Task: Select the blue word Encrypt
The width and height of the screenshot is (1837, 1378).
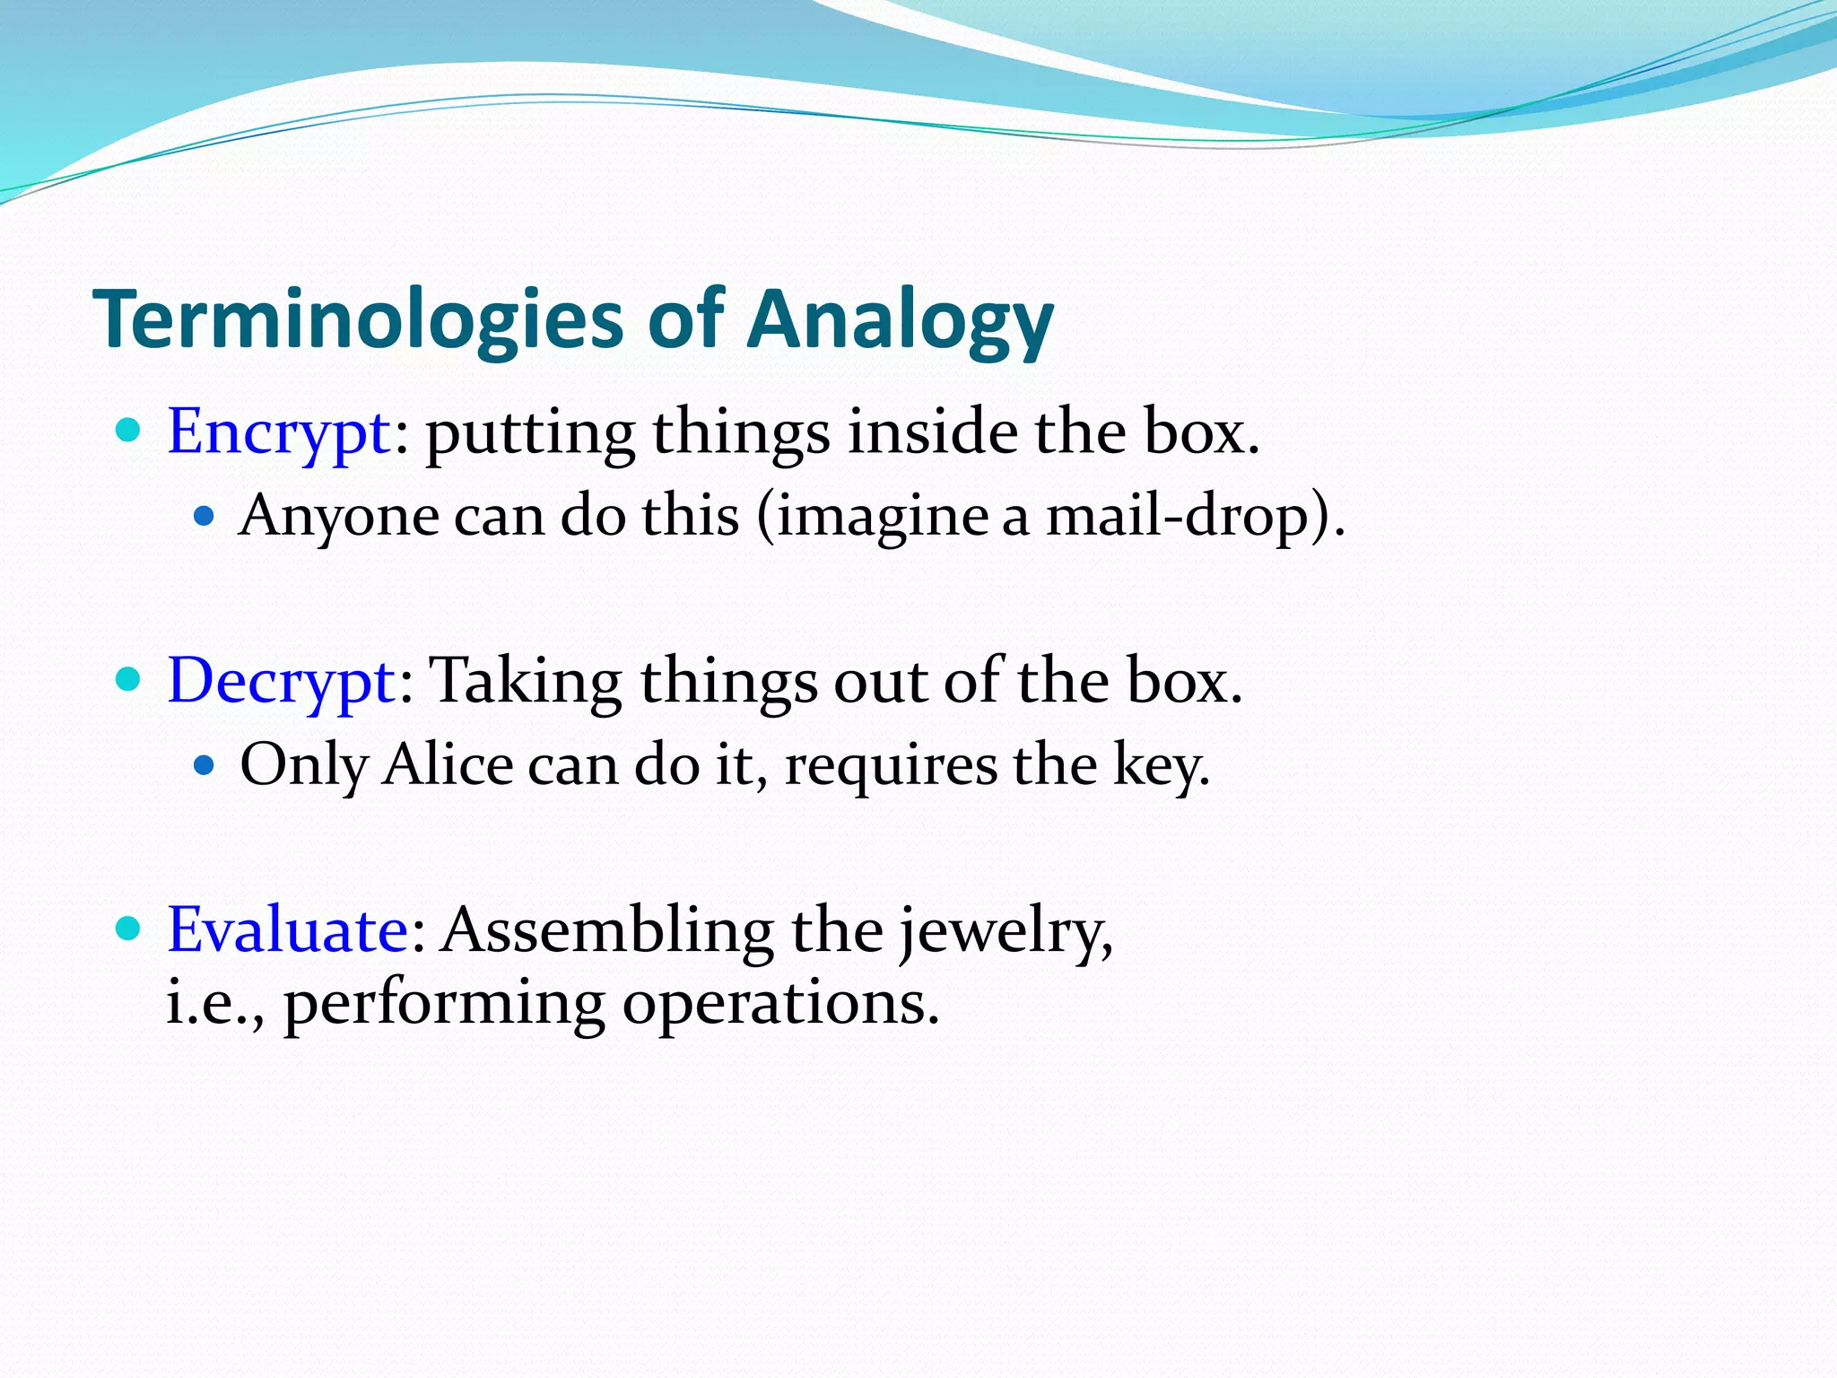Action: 278,432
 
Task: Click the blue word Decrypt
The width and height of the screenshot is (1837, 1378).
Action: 281,682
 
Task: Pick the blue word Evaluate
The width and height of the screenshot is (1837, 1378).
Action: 288,930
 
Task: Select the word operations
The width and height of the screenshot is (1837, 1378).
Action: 780,1003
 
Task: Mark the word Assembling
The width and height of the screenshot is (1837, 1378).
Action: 609,930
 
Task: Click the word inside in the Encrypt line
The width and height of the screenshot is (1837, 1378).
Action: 932,432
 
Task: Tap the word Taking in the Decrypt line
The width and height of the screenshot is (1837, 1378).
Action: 526,682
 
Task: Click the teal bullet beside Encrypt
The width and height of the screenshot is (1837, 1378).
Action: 129,431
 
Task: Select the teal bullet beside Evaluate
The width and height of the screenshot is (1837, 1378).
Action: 129,928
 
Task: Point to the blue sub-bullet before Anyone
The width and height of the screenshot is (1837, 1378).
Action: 205,516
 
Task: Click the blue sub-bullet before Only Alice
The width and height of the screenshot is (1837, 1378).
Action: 205,764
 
